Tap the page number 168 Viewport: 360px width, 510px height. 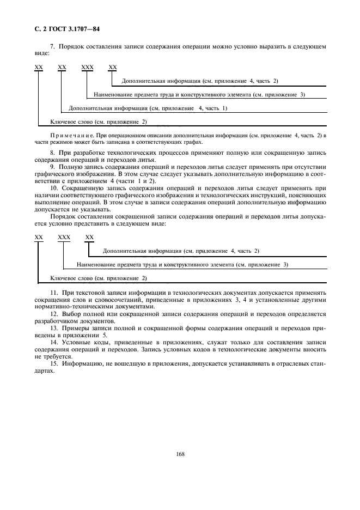(180, 454)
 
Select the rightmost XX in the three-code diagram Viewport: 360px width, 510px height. (90, 237)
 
